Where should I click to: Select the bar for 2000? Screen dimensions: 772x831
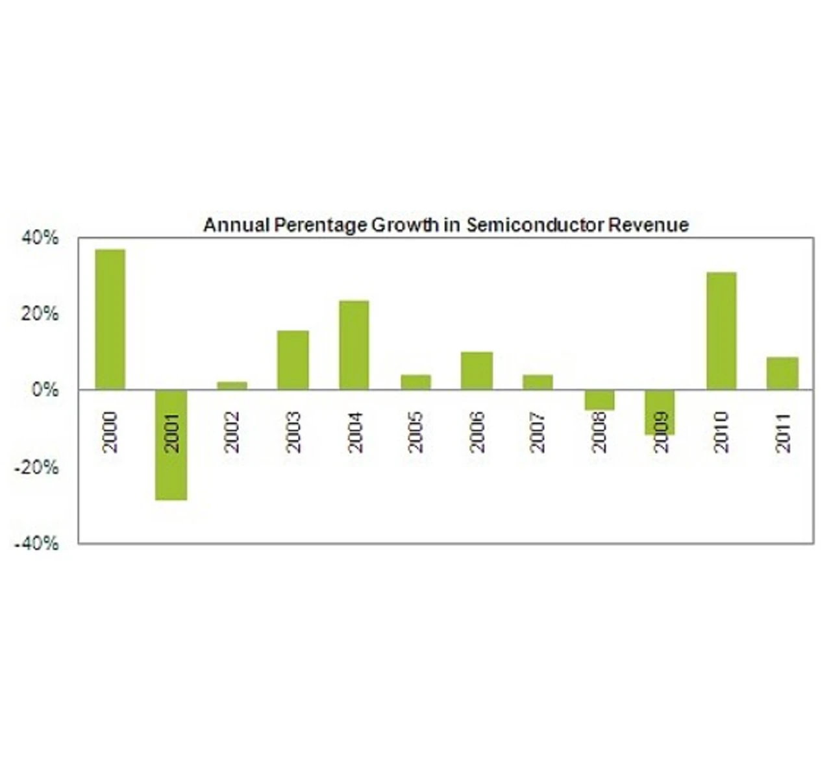[x=110, y=319]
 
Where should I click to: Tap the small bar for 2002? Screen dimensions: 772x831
[x=232, y=385]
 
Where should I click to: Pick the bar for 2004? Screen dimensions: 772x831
[x=354, y=344]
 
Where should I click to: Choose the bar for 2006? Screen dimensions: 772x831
[x=477, y=370]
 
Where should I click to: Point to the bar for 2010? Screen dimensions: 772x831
[x=721, y=331]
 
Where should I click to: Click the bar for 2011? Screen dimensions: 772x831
[x=782, y=373]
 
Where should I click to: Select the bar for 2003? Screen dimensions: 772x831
[x=293, y=360]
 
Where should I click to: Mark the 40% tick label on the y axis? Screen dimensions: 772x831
[x=40, y=238]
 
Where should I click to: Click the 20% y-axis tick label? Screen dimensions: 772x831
[x=40, y=314]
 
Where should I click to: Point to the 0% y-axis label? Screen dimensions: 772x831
[x=45, y=391]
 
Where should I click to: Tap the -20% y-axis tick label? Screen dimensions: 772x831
[x=36, y=467]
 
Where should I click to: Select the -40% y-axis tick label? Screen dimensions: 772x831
[x=36, y=544]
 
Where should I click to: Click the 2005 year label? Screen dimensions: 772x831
[x=415, y=432]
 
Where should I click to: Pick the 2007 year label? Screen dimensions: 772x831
[x=538, y=432]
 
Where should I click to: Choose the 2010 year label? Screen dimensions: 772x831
[x=721, y=432]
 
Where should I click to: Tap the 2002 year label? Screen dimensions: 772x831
[x=232, y=432]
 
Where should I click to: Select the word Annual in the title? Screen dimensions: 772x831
[x=236, y=225]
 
